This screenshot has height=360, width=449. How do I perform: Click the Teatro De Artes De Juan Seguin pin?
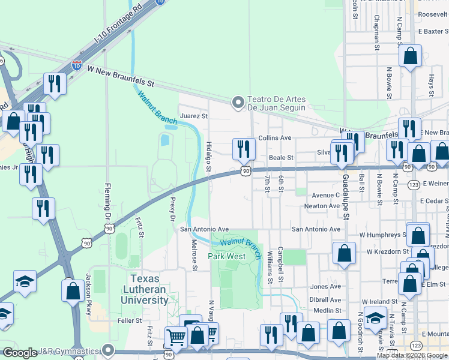pyautogui.click(x=239, y=103)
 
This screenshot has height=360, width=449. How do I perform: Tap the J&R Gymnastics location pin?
pyautogui.click(x=108, y=349)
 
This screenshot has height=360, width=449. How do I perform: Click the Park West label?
pyautogui.click(x=227, y=256)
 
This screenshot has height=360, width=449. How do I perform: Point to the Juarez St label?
pyautogui.click(x=193, y=115)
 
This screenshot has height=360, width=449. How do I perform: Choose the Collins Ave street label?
pyautogui.click(x=274, y=138)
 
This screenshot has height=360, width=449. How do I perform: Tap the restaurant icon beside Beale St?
pyautogui.click(x=243, y=148)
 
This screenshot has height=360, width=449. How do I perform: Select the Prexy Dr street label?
pyautogui.click(x=172, y=208)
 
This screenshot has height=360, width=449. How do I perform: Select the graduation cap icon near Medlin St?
pyautogui.click(x=376, y=317)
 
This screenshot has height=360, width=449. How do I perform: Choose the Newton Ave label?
pyautogui.click(x=322, y=206)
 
